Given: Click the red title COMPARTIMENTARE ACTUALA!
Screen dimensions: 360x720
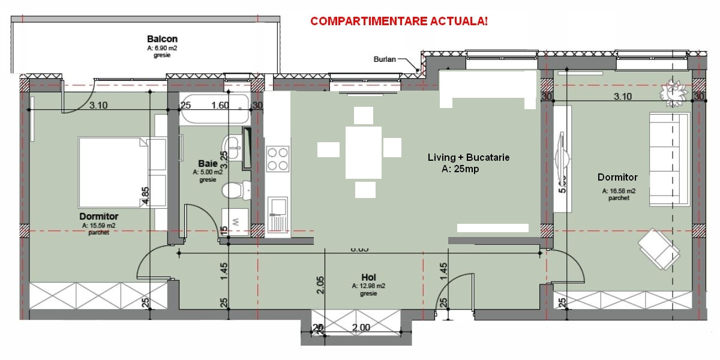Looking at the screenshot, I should click(x=399, y=22).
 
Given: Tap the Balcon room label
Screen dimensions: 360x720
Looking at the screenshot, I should click(x=158, y=39).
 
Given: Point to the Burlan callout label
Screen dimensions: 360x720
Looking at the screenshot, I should click(x=384, y=59).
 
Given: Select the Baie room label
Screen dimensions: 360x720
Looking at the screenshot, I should click(x=207, y=163).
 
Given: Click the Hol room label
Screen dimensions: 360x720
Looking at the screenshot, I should click(x=368, y=277).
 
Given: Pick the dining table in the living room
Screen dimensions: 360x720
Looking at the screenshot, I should click(x=364, y=152).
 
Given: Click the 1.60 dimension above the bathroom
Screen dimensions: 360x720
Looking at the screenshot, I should click(x=220, y=106).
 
